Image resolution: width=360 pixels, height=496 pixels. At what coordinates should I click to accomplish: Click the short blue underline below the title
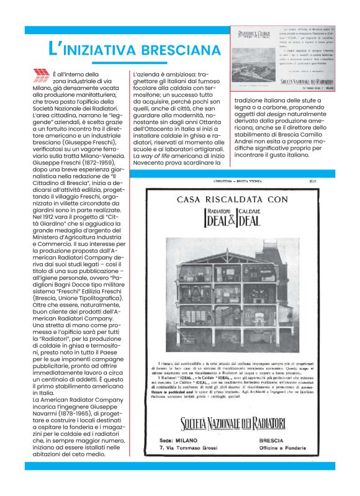(x=128, y=63)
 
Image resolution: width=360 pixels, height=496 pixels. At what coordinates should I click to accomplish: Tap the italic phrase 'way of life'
(x=163, y=157)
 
